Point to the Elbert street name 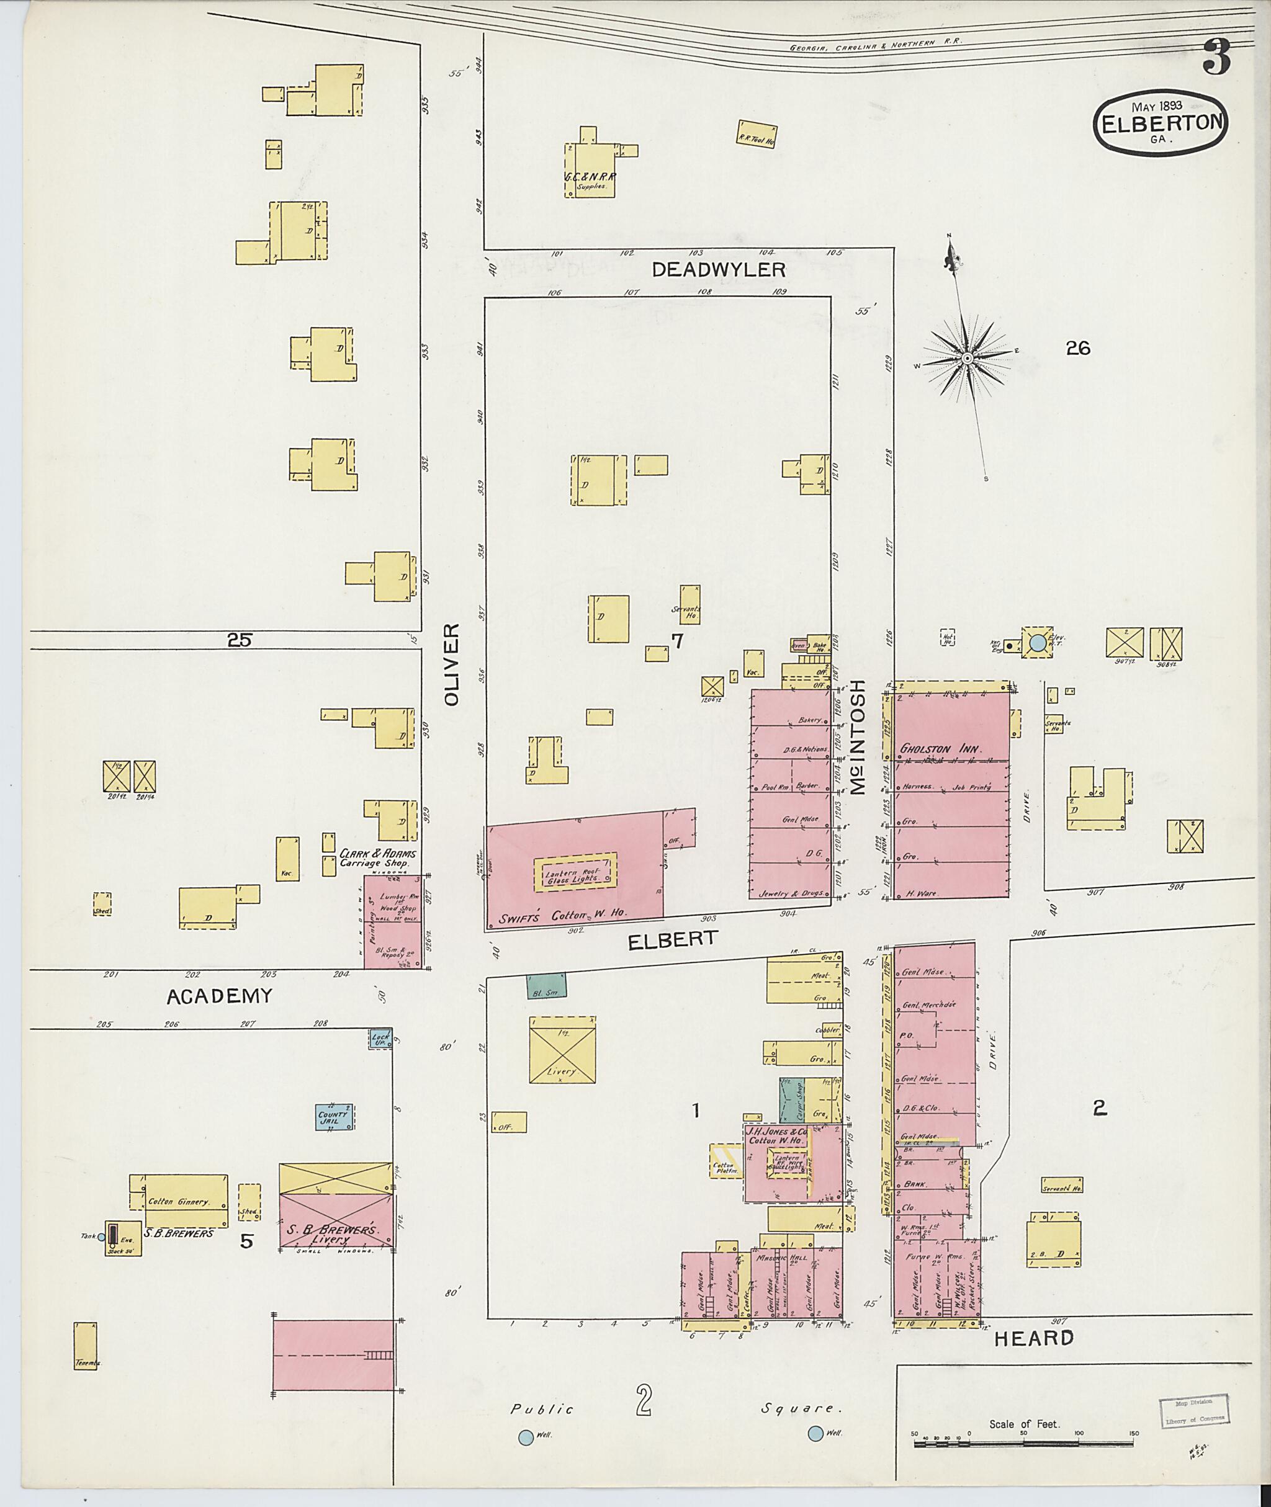[x=673, y=939]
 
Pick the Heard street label [x=1034, y=1338]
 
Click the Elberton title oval [x=1159, y=122]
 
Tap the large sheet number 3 [x=1216, y=58]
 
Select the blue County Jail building [x=335, y=1117]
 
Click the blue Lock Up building [x=380, y=1039]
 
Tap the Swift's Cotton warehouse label [x=562, y=914]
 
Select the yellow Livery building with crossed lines [x=562, y=1050]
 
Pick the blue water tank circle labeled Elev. [x=1037, y=643]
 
